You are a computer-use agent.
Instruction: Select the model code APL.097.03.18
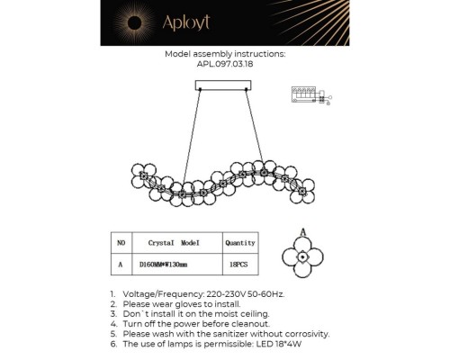(225, 65)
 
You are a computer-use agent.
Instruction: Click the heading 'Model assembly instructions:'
(225, 54)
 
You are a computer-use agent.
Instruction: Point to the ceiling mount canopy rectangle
(224, 85)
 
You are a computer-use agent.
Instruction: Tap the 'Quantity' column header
(240, 243)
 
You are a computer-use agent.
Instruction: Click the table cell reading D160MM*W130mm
(172, 265)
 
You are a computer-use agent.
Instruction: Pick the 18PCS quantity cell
(240, 265)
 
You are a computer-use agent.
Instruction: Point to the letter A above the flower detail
(304, 232)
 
